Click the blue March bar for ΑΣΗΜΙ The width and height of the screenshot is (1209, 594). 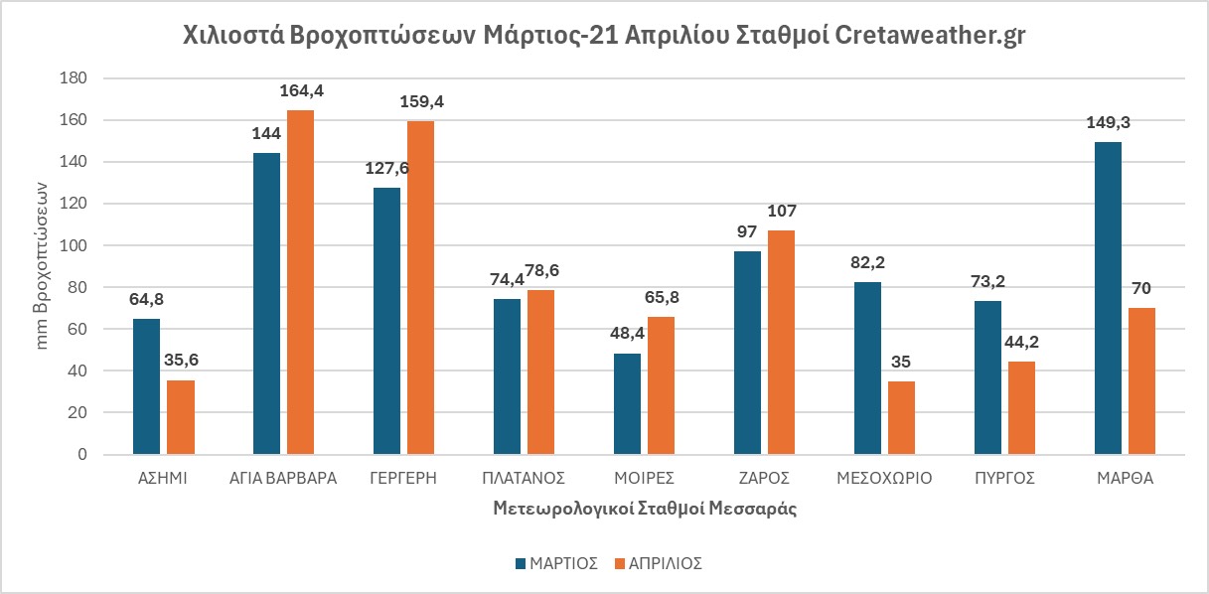[x=146, y=386]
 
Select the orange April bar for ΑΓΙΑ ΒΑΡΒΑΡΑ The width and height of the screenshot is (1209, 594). [x=300, y=282]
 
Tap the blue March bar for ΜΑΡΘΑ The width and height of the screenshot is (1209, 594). [x=1108, y=298]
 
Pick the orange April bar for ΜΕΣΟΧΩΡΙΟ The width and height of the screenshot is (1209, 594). [x=901, y=417]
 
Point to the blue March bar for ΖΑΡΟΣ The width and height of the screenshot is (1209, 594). [x=747, y=353]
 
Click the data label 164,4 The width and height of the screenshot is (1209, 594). [x=301, y=90]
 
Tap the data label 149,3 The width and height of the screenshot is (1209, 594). [x=1108, y=122]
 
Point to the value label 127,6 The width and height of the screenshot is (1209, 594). [x=386, y=168]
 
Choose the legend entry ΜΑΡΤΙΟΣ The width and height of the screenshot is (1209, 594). [x=555, y=562]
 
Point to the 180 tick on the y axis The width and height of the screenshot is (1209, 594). [x=75, y=78]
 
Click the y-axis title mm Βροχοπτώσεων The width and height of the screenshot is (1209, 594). [x=42, y=266]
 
